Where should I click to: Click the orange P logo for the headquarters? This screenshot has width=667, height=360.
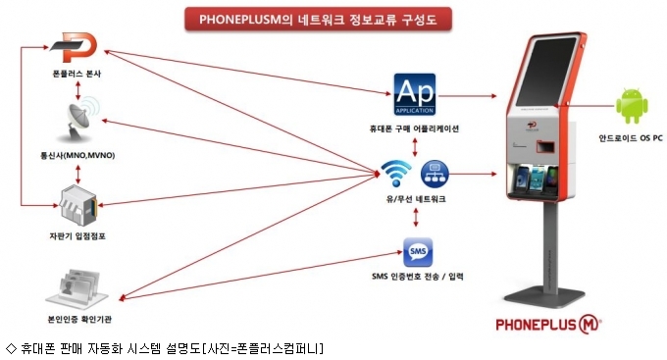[77, 47]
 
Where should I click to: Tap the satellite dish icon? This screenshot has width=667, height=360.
[80, 119]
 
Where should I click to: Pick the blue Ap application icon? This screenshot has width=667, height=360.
[415, 94]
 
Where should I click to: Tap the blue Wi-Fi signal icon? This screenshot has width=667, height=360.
[395, 174]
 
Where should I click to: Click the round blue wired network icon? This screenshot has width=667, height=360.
[435, 174]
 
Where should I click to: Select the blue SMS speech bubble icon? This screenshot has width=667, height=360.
[418, 252]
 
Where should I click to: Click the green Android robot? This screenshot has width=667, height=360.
[632, 106]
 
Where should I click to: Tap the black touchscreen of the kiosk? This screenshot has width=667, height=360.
[545, 73]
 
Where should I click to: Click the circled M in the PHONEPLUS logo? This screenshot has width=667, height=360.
[589, 325]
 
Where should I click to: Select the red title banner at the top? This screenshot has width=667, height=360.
[318, 20]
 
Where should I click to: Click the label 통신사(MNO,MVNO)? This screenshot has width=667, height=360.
[77, 155]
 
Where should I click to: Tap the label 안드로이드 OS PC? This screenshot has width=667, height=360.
[631, 138]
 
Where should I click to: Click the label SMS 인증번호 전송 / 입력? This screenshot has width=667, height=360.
[418, 277]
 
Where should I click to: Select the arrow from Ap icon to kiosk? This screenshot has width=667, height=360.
[467, 96]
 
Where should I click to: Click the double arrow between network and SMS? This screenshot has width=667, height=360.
[416, 218]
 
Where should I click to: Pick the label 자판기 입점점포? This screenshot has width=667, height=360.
[77, 236]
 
